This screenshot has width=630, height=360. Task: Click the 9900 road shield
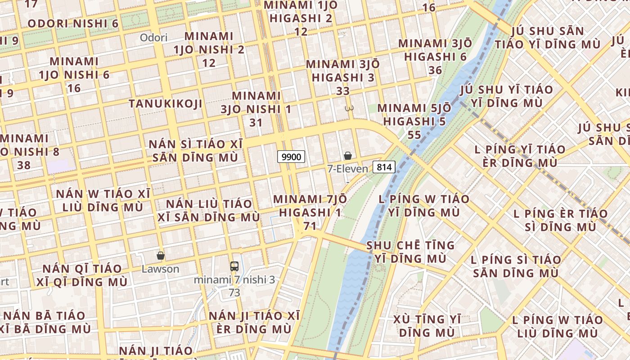coord(291,157)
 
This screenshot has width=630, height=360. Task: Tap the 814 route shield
coord(384,167)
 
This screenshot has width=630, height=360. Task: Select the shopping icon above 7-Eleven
coord(348,156)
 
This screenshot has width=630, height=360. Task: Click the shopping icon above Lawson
coord(161,256)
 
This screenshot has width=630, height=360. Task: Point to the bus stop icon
coord(234,266)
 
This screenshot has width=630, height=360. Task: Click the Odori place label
coord(153,37)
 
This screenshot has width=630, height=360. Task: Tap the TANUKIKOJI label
coord(165,104)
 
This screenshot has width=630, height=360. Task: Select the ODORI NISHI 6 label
coord(73,23)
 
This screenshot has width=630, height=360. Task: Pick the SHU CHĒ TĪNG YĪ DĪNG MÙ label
coord(410,252)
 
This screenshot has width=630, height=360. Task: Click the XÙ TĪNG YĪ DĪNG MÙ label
coord(427,326)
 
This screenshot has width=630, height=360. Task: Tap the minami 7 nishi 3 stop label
coord(234,280)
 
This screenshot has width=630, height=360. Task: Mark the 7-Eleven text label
coord(347,169)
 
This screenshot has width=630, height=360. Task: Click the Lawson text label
coord(160,269)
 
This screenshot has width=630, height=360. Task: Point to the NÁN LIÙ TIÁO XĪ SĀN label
coord(209,210)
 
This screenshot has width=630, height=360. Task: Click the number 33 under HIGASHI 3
coord(343,91)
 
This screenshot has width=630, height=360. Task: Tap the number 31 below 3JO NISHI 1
coord(256,122)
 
